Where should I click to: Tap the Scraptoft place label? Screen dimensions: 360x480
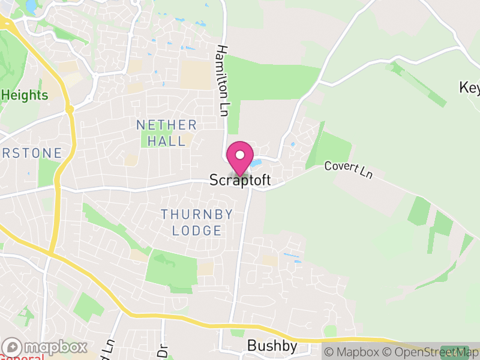[240, 180]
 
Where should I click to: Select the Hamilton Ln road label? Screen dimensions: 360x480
[224, 80]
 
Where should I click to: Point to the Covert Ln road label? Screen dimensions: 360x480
[349, 169]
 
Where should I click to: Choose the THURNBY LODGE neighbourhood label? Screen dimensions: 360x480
[191, 222]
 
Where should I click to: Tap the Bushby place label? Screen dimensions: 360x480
[272, 347]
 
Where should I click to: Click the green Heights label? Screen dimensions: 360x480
[25, 95]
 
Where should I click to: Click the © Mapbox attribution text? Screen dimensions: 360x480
[352, 352]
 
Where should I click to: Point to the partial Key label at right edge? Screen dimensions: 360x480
[470, 88]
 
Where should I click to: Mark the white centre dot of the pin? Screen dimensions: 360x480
[240, 154]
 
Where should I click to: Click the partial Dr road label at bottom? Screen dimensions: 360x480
[161, 349]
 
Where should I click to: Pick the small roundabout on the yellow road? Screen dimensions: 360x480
[70, 110]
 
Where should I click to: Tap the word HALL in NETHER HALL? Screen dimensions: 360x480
[166, 140]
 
